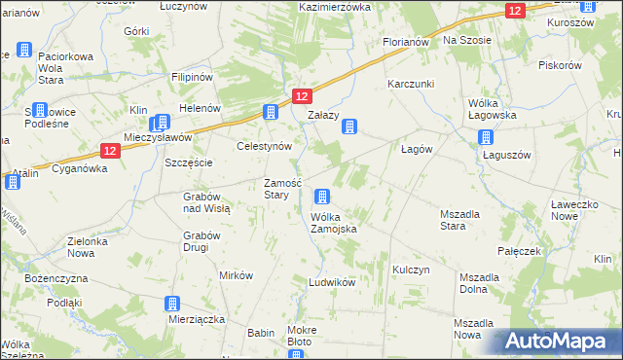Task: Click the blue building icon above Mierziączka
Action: [172, 304]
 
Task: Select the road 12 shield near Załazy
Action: [302, 96]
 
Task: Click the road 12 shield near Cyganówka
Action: [110, 151]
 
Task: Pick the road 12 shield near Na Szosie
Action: [515, 10]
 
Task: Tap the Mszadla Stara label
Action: [466, 219]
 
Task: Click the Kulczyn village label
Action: [411, 269]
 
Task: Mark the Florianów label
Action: [407, 43]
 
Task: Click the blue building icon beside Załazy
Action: [349, 126]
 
